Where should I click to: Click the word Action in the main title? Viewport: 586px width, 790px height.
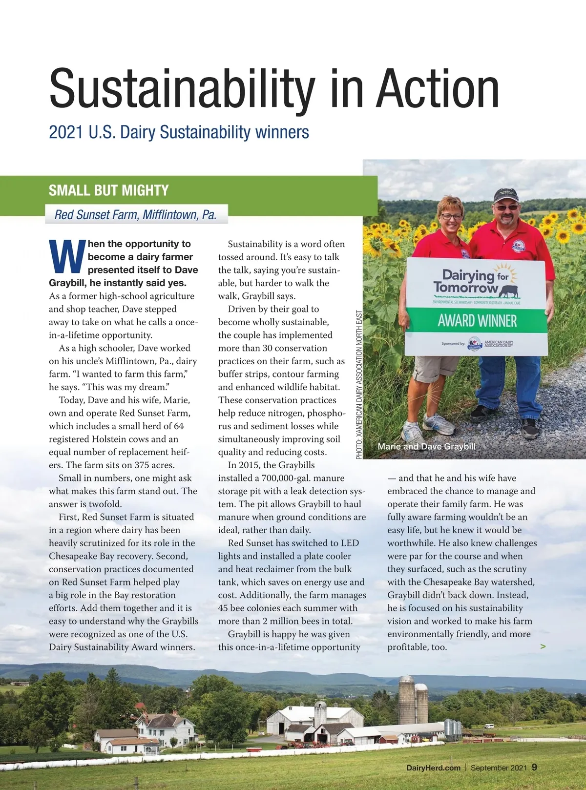tap(437, 89)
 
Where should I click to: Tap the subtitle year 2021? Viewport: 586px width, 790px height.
tap(66, 132)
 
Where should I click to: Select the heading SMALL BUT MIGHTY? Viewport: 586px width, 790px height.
tap(108, 190)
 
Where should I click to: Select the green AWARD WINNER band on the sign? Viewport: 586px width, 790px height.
tap(477, 321)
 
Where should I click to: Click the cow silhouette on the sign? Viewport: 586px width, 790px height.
tap(508, 291)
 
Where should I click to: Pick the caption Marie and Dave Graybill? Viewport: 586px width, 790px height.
tap(426, 446)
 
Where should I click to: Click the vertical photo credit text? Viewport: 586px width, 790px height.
tap(359, 385)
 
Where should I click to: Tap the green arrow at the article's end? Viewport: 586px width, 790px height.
tap(543, 646)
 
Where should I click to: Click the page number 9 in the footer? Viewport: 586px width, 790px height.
tap(534, 767)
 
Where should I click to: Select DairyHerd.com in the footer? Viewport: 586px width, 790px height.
tap(433, 768)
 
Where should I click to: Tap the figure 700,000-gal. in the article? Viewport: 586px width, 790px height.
tap(289, 478)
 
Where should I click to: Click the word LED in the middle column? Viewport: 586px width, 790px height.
tap(350, 543)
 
